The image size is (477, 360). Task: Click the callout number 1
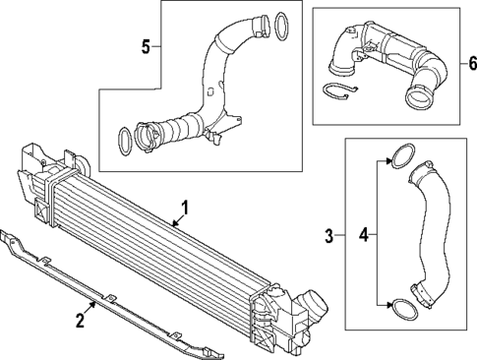point(182,210)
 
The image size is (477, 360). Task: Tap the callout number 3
point(330,235)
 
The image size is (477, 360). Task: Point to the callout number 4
point(363,235)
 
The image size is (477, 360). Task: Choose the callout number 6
point(471,64)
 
